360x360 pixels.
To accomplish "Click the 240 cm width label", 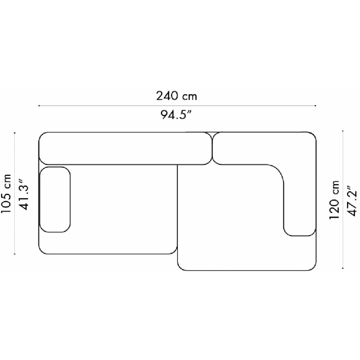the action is pos(176,96).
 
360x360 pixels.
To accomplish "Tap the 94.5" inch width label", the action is pos(176,114).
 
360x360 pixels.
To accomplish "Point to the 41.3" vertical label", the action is pos(25,194).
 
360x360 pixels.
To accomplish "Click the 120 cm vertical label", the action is pos(334,200).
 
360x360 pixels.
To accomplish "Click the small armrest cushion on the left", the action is pos(55,200).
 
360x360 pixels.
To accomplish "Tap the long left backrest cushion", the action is pos(126,148).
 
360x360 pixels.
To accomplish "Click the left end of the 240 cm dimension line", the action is pos(39,105).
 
